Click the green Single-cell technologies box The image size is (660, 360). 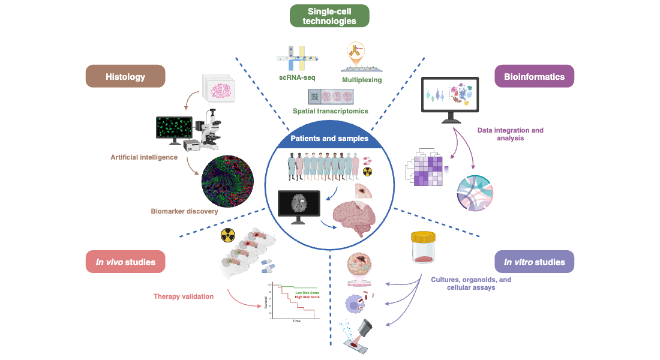(329, 16)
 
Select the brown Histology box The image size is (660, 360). (125, 76)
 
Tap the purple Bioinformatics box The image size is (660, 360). (534, 76)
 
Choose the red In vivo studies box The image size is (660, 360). (125, 262)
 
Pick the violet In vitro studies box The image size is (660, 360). (534, 262)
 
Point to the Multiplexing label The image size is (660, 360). (362, 79)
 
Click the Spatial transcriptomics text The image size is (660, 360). (330, 111)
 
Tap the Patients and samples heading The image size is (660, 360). (329, 138)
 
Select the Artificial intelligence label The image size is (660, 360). (144, 157)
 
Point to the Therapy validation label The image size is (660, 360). (184, 296)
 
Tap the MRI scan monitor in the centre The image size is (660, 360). (299, 205)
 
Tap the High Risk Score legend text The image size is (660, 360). (306, 298)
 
